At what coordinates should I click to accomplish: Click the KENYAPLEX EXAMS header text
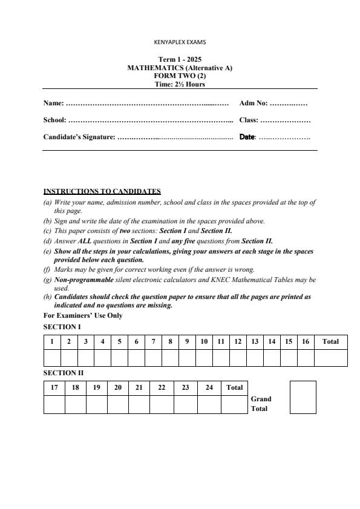point(180,42)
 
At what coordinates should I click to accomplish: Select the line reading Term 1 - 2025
point(180,60)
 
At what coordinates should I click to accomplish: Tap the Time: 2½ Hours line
point(180,84)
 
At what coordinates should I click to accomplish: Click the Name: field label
point(53,103)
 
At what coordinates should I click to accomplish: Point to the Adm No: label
point(254,103)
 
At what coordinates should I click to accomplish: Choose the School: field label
point(55,120)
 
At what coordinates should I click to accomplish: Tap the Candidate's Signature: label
point(79,137)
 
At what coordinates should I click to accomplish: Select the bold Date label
point(247,137)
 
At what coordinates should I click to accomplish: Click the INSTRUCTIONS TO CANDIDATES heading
point(102,192)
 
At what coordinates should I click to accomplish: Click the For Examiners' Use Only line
point(83,315)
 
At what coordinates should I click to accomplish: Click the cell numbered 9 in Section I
point(187,341)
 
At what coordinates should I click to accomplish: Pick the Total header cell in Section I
point(330,341)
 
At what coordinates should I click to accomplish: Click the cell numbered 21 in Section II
point(139,387)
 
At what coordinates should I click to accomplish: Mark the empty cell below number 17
point(54,404)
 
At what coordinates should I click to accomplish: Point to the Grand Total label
point(261,404)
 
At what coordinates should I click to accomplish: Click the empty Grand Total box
point(303,397)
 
